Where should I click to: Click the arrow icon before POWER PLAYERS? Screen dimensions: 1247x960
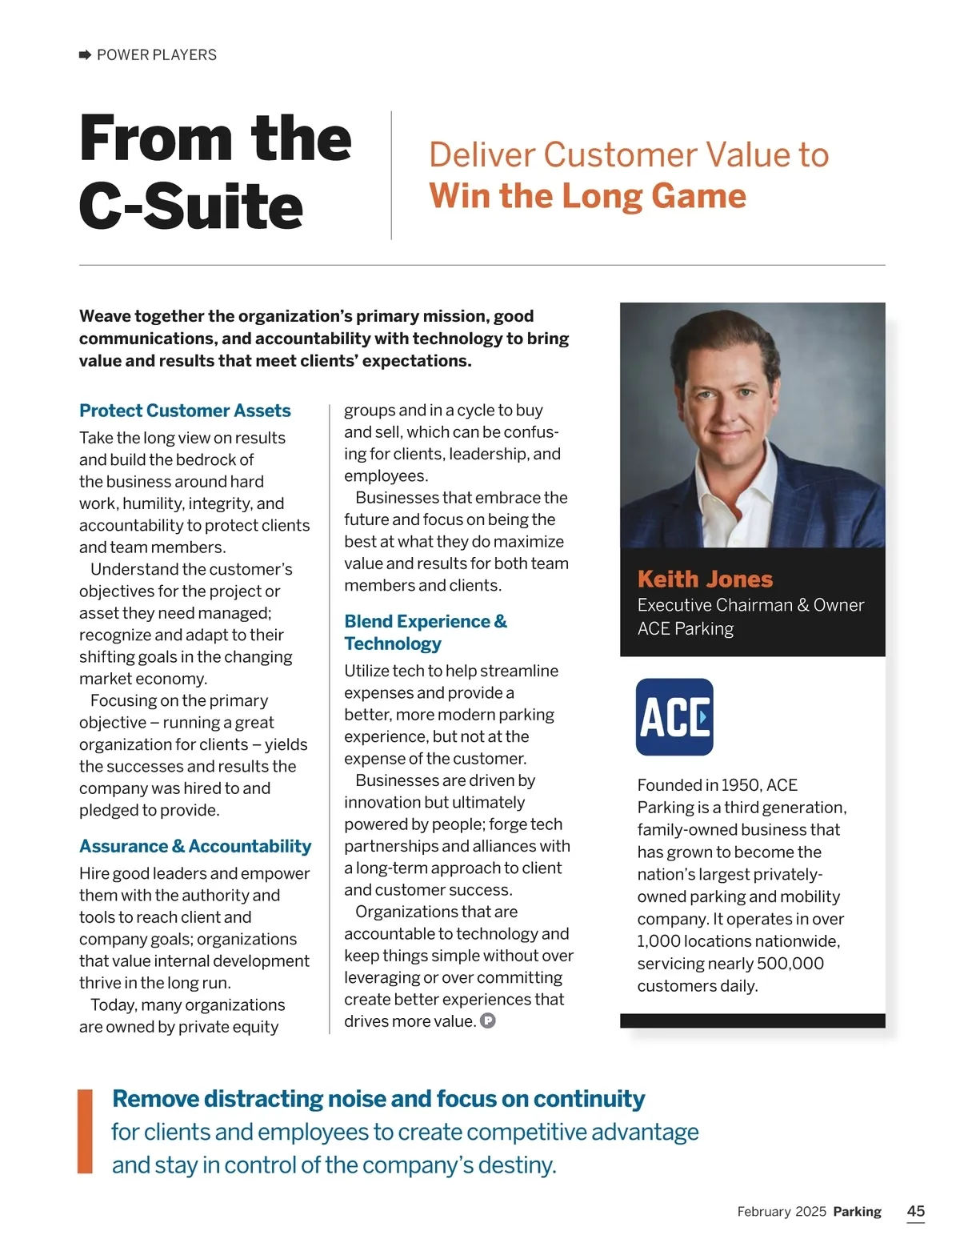[85, 55]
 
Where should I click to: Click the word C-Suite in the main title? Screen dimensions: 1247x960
[191, 206]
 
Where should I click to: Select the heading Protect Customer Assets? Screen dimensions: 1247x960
[185, 411]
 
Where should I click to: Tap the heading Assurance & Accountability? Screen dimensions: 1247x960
[195, 847]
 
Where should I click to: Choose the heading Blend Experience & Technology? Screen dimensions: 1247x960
[426, 632]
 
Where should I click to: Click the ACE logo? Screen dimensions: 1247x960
[674, 717]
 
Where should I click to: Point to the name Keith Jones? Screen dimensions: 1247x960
[705, 579]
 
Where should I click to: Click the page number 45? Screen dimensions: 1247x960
[916, 1211]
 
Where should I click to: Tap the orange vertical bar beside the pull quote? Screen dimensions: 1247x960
[85, 1131]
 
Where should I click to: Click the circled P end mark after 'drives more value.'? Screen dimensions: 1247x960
[488, 1021]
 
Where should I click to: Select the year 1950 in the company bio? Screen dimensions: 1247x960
[740, 785]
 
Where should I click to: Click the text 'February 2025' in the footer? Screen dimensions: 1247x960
[782, 1212]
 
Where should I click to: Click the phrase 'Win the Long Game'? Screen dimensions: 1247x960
[587, 196]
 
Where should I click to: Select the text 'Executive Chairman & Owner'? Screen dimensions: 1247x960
[750, 605]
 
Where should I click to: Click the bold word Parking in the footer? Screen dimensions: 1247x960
[857, 1212]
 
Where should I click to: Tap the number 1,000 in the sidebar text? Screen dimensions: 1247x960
[658, 941]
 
